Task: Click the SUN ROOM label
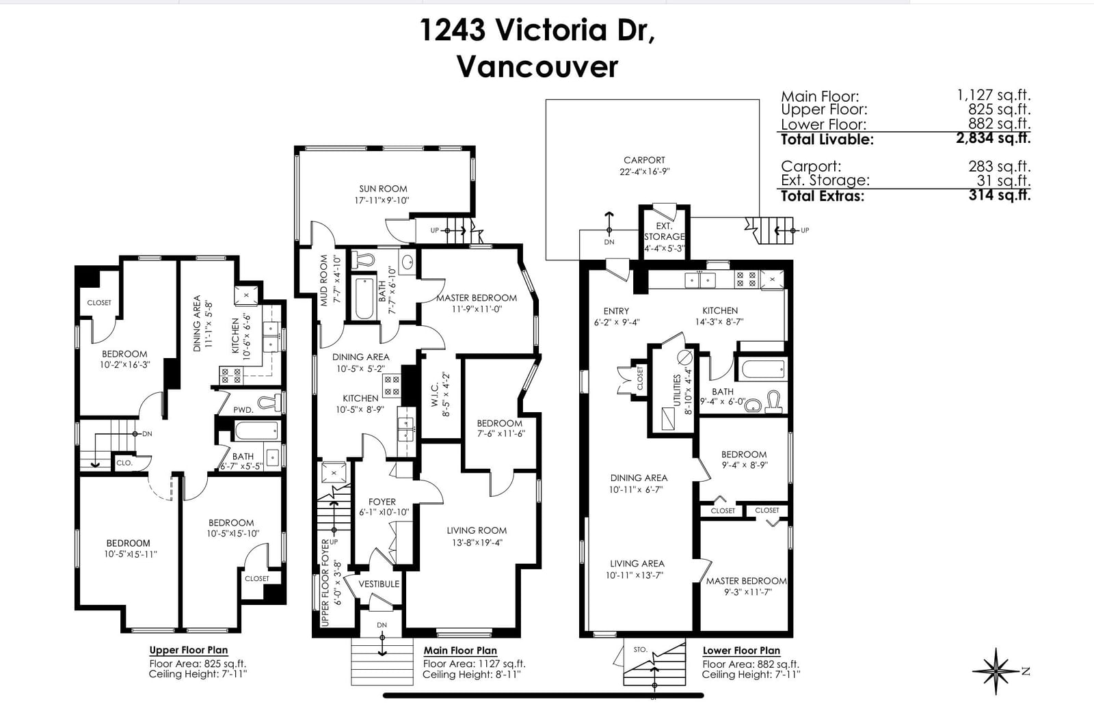pos(383,189)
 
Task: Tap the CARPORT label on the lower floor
pos(644,160)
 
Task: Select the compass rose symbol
pos(996,671)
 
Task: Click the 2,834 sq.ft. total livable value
pos(993,138)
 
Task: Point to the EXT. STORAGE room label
pos(664,232)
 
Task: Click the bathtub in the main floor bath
pos(364,298)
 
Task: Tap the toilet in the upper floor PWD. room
pos(270,403)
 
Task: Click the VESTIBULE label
pos(379,584)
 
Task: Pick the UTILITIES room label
pos(677,390)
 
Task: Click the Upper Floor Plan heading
pos(189,651)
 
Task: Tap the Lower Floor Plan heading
pos(741,651)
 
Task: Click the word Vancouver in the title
pos(537,67)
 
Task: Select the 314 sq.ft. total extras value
pos(1000,195)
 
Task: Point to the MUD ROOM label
pos(324,281)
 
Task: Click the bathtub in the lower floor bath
pos(762,369)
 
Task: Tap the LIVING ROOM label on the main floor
pos(477,530)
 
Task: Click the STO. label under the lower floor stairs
pos(640,649)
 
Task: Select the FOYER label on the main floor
pos(382,502)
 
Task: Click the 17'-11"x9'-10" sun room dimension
pos(382,200)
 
